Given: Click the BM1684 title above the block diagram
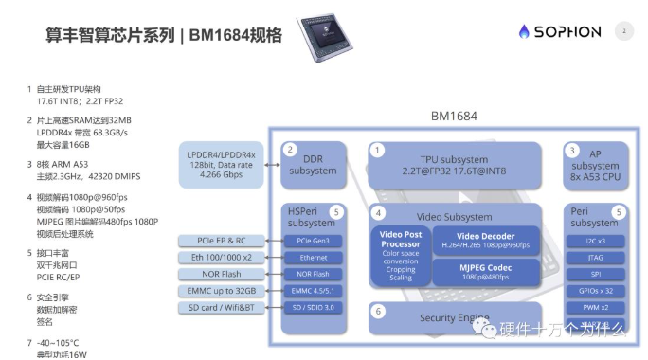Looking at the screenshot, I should click(x=456, y=117).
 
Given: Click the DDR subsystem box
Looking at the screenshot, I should click(x=313, y=164).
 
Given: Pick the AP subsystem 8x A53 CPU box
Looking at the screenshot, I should click(x=595, y=164).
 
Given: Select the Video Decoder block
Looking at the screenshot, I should click(x=486, y=241).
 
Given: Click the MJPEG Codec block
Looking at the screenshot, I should click(x=486, y=272).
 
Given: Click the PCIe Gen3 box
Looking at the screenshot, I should click(x=314, y=241).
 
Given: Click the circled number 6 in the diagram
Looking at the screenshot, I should click(x=378, y=311).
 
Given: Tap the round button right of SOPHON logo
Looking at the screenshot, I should click(x=623, y=31).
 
